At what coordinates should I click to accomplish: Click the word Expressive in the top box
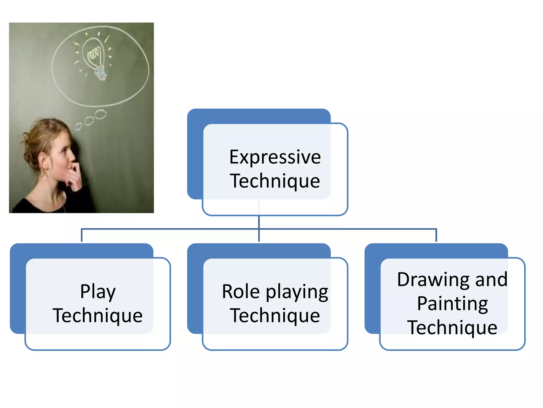point(275,157)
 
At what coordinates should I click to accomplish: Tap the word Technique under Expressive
point(275,181)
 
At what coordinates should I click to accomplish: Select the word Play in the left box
point(98,292)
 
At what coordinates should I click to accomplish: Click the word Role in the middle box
point(241,292)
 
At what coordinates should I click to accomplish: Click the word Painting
point(452,303)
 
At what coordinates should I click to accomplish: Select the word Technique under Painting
point(452,328)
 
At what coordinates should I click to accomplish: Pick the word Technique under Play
point(98,316)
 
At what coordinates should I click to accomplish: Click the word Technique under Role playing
point(275,316)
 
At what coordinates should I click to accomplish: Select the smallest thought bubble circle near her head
point(78,126)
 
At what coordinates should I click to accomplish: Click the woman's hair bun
point(28,154)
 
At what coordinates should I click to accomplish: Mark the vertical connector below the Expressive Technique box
point(259,222)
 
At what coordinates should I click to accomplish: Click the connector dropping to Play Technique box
point(82,235)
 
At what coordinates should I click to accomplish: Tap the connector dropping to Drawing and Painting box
point(436,235)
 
